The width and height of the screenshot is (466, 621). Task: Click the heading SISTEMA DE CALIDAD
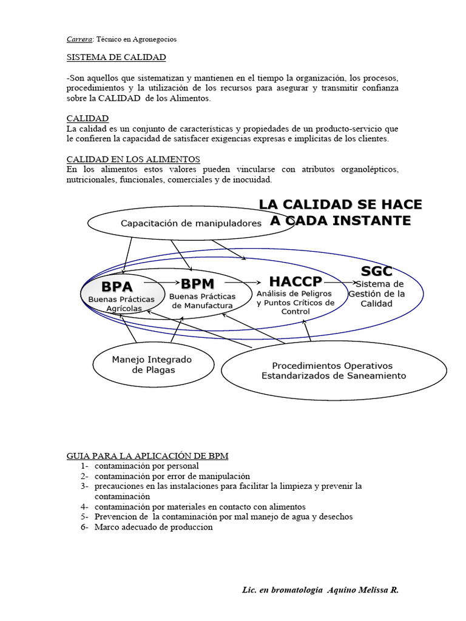pos(116,57)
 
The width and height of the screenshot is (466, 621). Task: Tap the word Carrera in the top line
pos(79,39)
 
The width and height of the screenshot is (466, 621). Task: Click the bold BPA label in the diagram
pos(117,286)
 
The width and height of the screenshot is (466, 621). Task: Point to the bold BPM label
pos(198,283)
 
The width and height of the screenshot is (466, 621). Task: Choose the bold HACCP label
pos(295,282)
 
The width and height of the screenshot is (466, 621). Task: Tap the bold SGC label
pos(376,271)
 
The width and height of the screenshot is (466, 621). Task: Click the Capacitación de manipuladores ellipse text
pos(191,223)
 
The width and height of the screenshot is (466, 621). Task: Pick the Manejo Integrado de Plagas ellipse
pos(152,364)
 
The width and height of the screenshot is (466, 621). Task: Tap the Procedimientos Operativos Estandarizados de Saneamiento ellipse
pos(333,371)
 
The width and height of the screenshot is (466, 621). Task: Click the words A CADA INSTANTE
pos(340,221)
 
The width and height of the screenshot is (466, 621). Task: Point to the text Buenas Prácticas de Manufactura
pos(202,301)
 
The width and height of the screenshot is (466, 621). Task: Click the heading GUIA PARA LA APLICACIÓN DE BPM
pos(147,455)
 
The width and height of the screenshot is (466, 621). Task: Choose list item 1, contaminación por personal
pos(146,466)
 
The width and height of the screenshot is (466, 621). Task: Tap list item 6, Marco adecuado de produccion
pos(154,527)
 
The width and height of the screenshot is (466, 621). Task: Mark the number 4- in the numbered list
pos(84,506)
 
